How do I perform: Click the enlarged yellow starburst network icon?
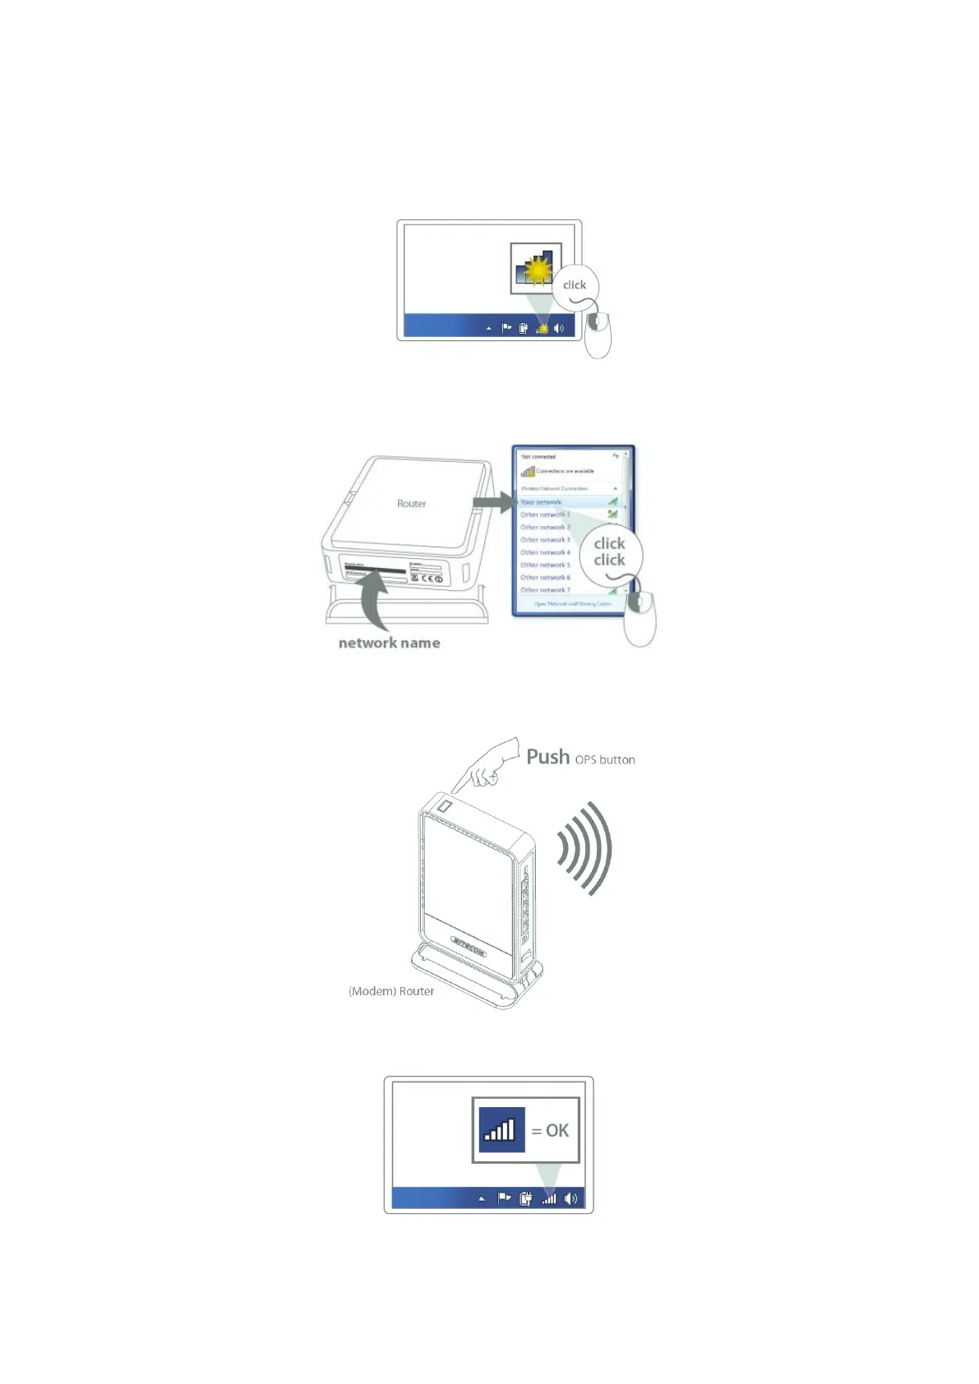(536, 268)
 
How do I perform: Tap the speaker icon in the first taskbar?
(559, 328)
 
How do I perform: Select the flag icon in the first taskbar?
(506, 328)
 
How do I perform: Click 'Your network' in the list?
(541, 502)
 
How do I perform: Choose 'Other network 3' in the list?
(545, 540)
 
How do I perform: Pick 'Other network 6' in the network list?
(545, 578)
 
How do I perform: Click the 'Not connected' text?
(538, 457)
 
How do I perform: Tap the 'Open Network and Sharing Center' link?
(572, 604)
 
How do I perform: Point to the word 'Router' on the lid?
(411, 504)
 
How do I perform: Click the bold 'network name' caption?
(389, 643)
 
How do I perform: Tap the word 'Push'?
(547, 757)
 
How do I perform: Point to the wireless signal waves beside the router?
(585, 848)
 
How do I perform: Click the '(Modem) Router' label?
(391, 991)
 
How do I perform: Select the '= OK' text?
(550, 1131)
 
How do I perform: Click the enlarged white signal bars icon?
(501, 1130)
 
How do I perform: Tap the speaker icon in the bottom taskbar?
(571, 1198)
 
